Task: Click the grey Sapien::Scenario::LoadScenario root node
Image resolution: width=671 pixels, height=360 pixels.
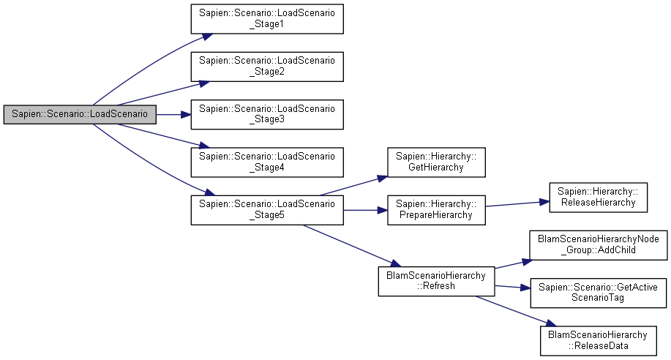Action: click(80, 115)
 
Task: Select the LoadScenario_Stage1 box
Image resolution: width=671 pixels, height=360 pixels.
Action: click(266, 19)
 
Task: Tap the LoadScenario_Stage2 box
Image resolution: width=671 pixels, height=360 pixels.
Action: click(266, 67)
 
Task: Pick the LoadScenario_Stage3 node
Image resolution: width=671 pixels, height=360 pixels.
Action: click(266, 115)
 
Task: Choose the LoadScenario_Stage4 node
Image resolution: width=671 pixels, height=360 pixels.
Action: click(266, 162)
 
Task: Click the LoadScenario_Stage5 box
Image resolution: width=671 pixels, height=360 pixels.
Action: click(266, 210)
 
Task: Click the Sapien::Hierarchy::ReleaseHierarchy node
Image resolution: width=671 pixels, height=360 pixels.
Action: click(598, 197)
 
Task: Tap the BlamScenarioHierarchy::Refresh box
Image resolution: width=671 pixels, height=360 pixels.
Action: click(436, 281)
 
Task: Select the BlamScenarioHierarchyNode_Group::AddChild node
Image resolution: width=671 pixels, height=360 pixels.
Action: click(598, 244)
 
